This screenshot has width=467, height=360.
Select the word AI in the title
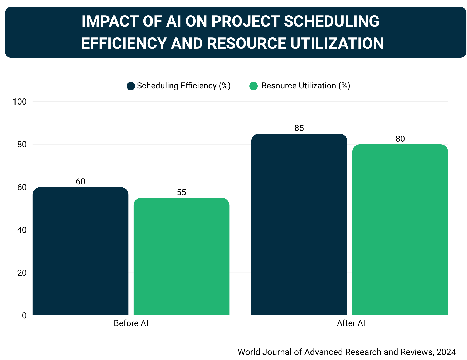tap(173, 21)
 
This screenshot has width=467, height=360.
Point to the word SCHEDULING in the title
tap(331, 21)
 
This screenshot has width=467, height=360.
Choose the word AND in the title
tap(187, 43)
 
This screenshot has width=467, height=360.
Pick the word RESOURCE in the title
tap(246, 43)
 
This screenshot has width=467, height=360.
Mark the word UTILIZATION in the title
tap(337, 43)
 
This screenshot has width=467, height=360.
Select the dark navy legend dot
tap(131, 86)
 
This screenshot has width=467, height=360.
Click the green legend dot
tap(254, 86)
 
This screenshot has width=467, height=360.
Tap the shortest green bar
tap(181, 257)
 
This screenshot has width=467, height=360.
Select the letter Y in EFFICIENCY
tap(162, 43)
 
